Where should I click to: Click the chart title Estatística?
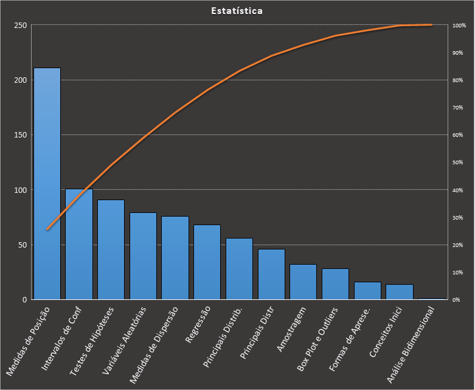point(237,11)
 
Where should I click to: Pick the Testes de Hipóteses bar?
point(111,249)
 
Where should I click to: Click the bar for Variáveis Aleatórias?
point(143,256)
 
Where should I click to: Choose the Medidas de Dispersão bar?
point(175,258)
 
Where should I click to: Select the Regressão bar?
point(207,262)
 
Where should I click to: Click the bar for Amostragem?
point(303,282)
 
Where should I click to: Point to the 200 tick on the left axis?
point(21,80)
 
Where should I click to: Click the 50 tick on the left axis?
point(23,245)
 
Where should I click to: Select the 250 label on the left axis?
point(21,25)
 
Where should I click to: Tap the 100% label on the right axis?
point(459,26)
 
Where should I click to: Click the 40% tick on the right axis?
point(457,190)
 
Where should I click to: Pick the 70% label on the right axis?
point(457,108)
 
